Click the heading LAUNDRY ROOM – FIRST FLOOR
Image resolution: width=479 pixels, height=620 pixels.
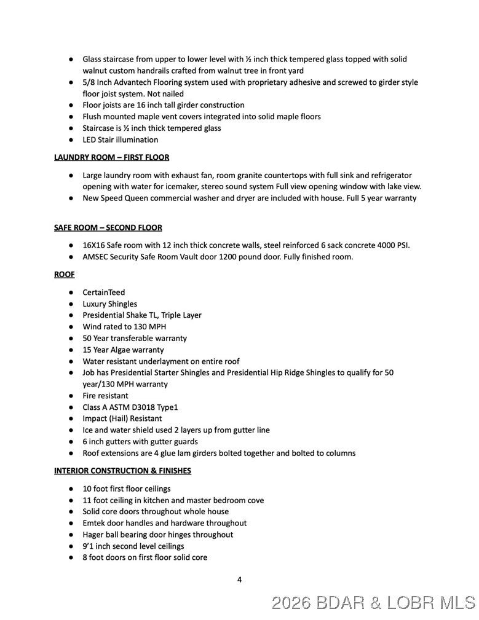point(111,157)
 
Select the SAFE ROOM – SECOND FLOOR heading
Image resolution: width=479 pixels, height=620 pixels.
point(108,227)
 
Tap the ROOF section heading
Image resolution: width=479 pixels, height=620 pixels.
point(64,274)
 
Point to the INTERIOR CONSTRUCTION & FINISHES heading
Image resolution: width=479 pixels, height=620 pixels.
point(122,471)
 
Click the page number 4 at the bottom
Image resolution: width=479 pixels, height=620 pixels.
point(239,579)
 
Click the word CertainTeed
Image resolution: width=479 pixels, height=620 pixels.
point(103,292)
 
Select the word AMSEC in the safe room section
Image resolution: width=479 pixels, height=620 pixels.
point(95,257)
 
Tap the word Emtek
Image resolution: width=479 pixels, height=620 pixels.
point(94,523)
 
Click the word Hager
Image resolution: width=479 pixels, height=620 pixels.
point(94,535)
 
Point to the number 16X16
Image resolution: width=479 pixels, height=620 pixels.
point(95,245)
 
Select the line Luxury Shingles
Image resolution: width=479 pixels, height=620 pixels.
point(109,304)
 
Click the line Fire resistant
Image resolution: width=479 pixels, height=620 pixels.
point(105,396)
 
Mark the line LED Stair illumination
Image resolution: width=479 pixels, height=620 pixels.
point(120,139)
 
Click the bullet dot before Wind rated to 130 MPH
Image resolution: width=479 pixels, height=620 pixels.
point(71,327)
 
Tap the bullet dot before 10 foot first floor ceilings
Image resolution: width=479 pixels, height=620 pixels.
point(71,489)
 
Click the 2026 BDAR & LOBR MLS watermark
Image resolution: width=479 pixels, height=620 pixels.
point(373,602)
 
